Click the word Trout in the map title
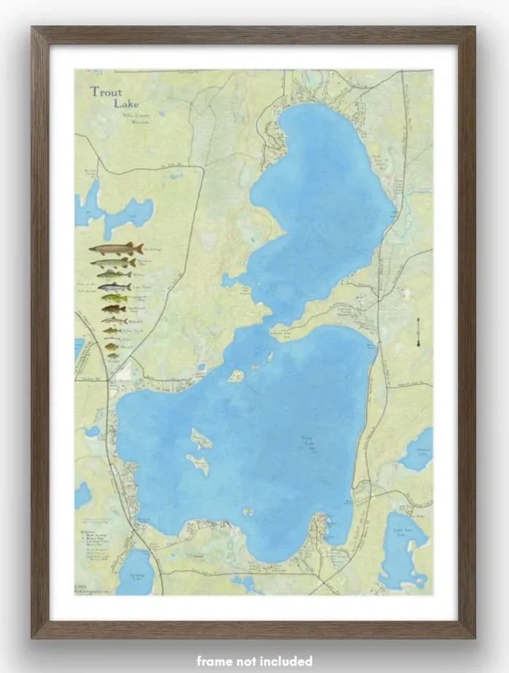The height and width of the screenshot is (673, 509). (106, 92)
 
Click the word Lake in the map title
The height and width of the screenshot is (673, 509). (125, 103)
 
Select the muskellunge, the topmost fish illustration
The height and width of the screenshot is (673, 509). (116, 249)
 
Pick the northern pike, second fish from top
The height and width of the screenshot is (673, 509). (113, 262)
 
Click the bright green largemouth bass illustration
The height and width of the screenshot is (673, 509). (114, 298)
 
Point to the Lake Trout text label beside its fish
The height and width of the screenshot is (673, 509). (141, 287)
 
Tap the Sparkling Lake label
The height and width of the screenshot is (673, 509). (137, 576)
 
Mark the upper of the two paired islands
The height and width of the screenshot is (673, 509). (201, 439)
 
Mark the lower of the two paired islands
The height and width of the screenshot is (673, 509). (197, 464)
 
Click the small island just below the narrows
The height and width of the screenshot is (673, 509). (236, 376)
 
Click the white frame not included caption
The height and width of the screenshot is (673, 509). (254, 661)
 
